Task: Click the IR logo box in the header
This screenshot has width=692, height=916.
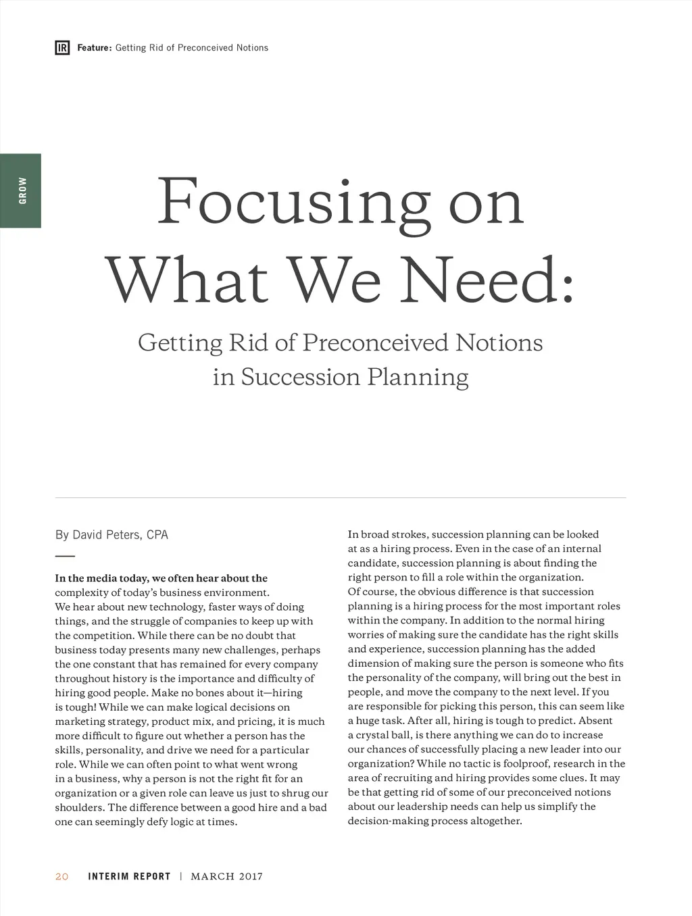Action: (62, 48)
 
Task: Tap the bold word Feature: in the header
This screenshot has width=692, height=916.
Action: (94, 48)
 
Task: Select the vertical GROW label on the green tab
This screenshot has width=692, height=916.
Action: (23, 190)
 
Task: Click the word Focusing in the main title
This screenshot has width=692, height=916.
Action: (293, 203)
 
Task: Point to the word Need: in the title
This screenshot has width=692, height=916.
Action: (487, 280)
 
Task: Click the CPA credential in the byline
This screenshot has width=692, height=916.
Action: (157, 535)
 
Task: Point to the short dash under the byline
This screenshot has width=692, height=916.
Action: (65, 556)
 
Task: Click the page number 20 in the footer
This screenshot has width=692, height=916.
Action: (62, 877)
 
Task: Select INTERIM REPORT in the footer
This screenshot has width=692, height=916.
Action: (129, 877)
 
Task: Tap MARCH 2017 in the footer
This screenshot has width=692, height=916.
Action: (226, 877)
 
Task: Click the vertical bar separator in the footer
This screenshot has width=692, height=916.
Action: (181, 877)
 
